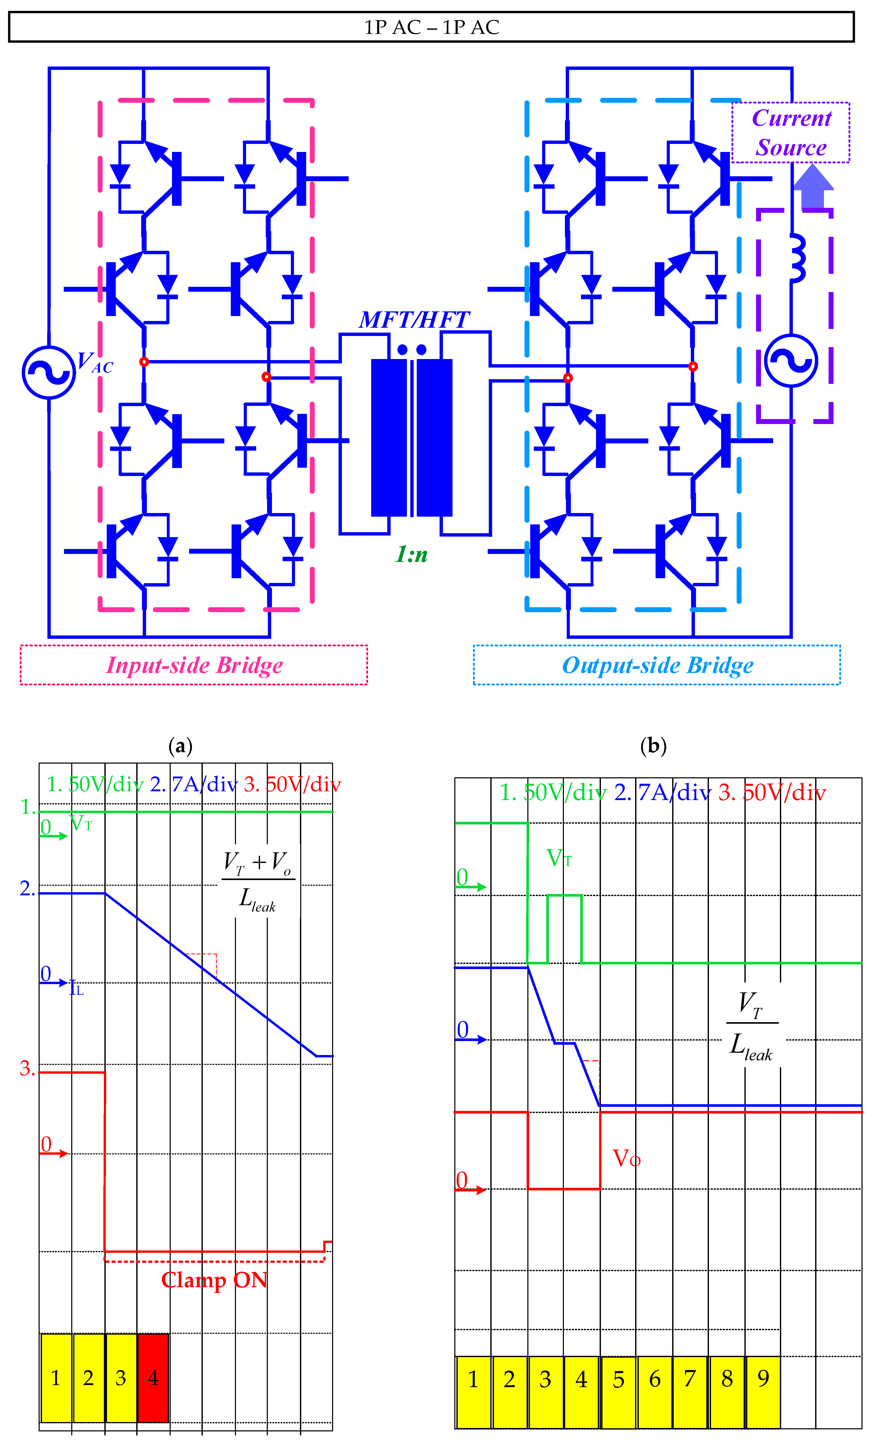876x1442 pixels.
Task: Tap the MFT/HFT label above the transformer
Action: (414, 319)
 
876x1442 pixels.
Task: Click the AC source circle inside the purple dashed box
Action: (791, 361)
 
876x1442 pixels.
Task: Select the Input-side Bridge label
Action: (194, 665)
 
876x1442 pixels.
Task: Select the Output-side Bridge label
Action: (657, 665)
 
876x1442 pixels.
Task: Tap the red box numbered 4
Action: (153, 1378)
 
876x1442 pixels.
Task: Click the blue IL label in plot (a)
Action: (77, 989)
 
